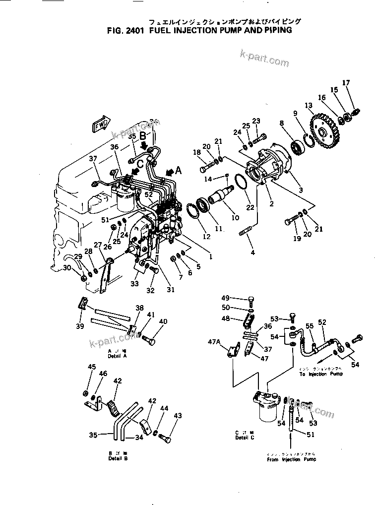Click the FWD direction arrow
(101, 125)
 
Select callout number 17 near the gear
(346, 82)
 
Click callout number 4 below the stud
(252, 253)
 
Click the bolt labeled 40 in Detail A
(149, 340)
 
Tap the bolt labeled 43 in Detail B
(166, 439)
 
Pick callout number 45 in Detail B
(91, 367)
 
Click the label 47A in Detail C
(214, 342)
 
